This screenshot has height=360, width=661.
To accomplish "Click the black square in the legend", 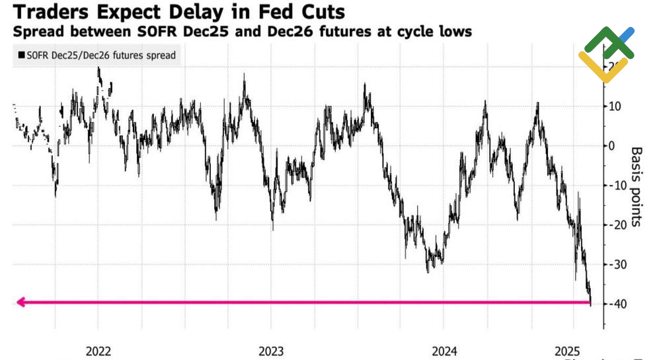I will tap(22, 55).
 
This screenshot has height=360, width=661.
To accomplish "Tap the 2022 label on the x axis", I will tap(98, 350).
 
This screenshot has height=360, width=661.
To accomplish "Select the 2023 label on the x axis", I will tap(271, 350).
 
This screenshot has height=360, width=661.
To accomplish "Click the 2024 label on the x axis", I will tap(444, 350).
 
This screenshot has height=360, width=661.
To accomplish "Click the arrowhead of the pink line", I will tap(20, 303).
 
